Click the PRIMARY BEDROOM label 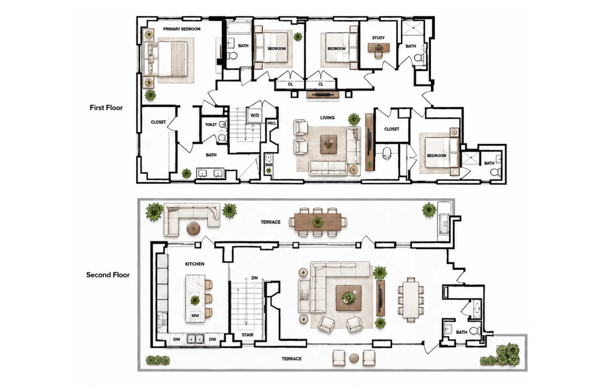coord(182,29)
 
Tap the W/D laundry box coord(255,115)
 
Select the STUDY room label coord(378,38)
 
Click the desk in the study coord(379,48)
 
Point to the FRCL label coord(272,123)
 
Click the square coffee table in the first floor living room coord(328,144)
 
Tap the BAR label coord(269,165)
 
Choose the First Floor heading coord(106,108)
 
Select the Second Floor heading coord(108,275)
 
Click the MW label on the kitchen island coord(195,316)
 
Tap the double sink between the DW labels coord(195,339)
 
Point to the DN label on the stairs coord(254,278)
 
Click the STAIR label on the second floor coord(247,335)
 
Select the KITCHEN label coord(194,264)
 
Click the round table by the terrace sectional coord(193,228)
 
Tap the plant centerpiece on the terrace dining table coord(318,222)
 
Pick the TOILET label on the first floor coord(211,124)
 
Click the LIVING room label coord(327,118)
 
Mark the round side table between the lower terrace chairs coord(354,358)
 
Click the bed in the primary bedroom coord(165,59)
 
